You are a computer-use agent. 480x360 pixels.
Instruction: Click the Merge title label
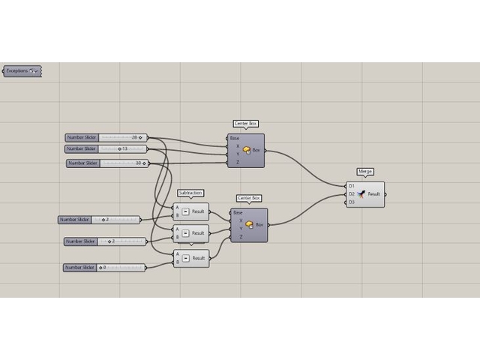coord(365,172)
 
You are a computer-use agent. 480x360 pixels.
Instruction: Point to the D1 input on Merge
coord(351,185)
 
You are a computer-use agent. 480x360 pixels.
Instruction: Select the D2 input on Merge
coord(351,193)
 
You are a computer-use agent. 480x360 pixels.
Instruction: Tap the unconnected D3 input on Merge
coord(351,202)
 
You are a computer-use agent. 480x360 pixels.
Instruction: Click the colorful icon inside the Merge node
coord(361,193)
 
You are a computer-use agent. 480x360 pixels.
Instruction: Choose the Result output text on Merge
coord(373,194)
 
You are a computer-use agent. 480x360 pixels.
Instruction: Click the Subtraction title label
coord(190,193)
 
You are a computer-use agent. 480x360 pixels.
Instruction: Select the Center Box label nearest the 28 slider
coord(246,124)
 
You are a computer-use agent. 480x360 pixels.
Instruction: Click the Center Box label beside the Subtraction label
coord(248,198)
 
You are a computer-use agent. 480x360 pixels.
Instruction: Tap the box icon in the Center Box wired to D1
coord(247,150)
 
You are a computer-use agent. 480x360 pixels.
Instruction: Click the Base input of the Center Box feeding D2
coord(238,212)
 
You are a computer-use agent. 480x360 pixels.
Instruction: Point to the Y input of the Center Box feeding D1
coord(238,154)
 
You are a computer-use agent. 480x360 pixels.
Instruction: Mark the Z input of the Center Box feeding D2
coord(241,237)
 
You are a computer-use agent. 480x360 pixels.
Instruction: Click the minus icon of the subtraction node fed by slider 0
coord(185,258)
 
